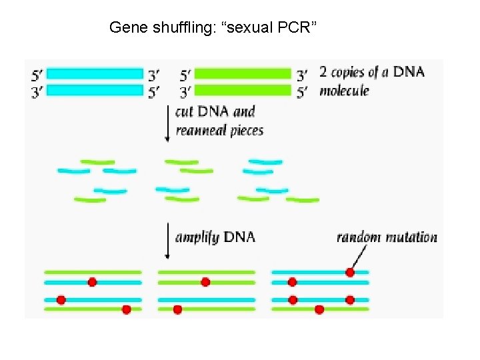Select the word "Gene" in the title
124,27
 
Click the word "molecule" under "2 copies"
344,91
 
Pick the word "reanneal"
201,130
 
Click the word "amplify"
197,237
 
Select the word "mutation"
411,237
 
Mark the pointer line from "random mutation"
359,257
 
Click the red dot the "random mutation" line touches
350,272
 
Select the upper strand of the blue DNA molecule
95,73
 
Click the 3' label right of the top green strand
302,74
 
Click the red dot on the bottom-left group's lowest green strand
126,309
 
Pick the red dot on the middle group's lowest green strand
177,309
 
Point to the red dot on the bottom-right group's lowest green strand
319,309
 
